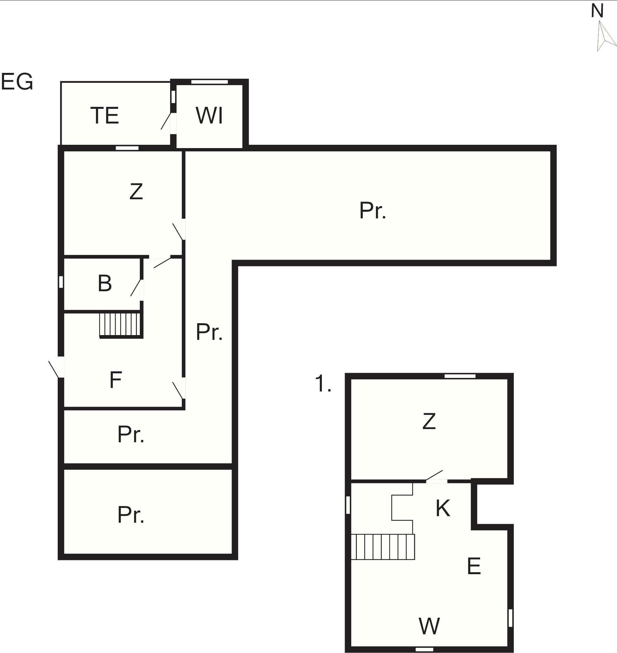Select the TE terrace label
tap(105, 115)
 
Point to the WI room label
tap(209, 115)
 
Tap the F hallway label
tap(115, 380)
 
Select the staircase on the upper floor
tap(383, 547)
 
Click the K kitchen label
tap(443, 508)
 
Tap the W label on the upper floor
tap(429, 626)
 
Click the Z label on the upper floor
tap(429, 421)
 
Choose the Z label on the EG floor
tap(136, 191)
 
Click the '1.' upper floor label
tap(323, 384)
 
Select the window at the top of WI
tap(209, 82)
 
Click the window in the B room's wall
tap(61, 282)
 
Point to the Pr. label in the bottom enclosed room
tap(131, 515)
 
